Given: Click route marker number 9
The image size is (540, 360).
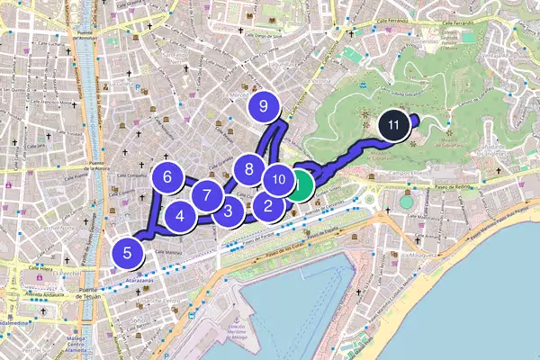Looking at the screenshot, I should coord(264,106).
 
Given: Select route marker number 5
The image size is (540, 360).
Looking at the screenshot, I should coord(128,253).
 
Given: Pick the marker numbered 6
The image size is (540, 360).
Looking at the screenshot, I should coord(167,177).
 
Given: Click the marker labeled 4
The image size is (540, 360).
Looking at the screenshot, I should coord(181,216).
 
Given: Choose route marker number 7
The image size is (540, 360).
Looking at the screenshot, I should coord(207,194).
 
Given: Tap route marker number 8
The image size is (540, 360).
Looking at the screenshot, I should coord(248,168).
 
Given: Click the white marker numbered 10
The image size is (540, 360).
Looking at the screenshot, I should coord(278,179).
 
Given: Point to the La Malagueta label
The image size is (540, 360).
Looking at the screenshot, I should coord(418,256).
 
